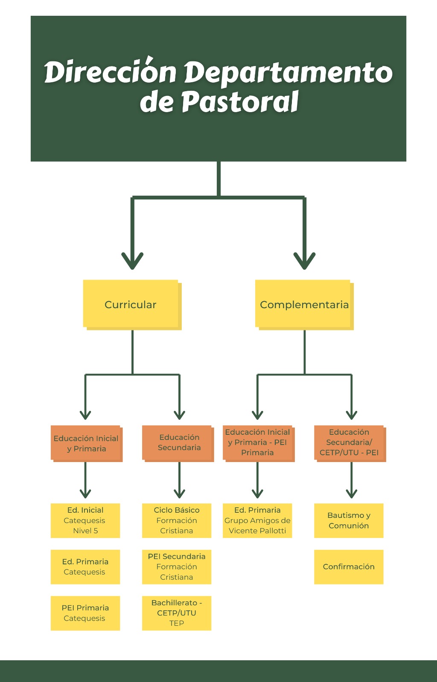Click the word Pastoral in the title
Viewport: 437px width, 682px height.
pyautogui.click(x=240, y=101)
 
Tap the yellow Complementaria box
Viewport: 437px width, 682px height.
pyautogui.click(x=304, y=305)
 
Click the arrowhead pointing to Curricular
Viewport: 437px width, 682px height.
pyautogui.click(x=132, y=261)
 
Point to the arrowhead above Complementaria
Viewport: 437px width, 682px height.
pyautogui.click(x=304, y=261)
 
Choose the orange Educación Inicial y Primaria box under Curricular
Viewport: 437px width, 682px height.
pyautogui.click(x=87, y=444)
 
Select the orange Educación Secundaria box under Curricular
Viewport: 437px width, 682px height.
pyautogui.click(x=178, y=444)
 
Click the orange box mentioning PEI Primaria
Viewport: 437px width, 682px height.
pyautogui.click(x=259, y=444)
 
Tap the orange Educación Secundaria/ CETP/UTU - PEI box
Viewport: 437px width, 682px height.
pyautogui.click(x=350, y=444)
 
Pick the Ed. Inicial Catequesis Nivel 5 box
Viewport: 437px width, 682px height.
pyautogui.click(x=85, y=520)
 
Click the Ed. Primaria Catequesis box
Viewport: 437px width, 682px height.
pyautogui.click(x=85, y=567)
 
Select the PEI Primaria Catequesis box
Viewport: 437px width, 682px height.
pyautogui.click(x=85, y=613)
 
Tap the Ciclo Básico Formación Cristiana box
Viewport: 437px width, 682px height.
pyautogui.click(x=177, y=520)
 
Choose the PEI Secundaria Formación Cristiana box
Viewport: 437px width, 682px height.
pyautogui.click(x=177, y=567)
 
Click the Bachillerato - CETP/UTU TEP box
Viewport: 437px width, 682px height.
pyautogui.click(x=177, y=613)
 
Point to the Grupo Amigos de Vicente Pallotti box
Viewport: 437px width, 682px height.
pyautogui.click(x=257, y=520)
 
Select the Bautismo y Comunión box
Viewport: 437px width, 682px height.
pyautogui.click(x=349, y=520)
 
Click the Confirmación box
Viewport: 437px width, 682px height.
pyautogui.click(x=349, y=567)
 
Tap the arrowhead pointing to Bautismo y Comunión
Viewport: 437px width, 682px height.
pyautogui.click(x=351, y=494)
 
